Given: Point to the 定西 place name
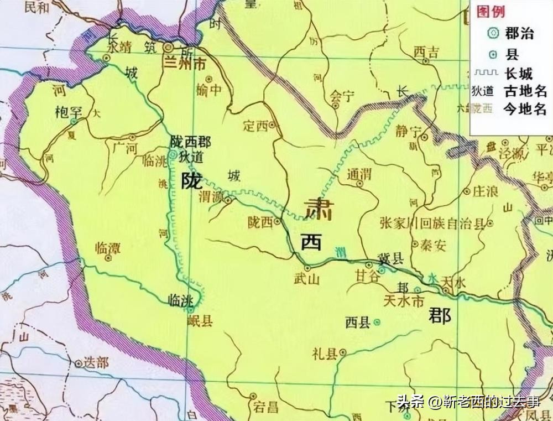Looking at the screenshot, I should coord(255,126).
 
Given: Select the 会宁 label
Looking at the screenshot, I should coord(341,96).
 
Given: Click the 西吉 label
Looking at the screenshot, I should coord(426,53).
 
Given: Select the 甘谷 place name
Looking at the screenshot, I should coord(367,276).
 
